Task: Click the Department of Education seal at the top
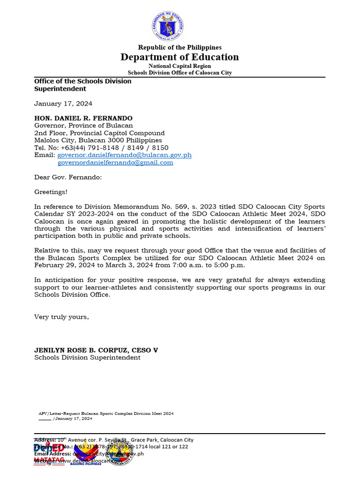tap(167, 25)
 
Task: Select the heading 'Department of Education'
tap(180, 57)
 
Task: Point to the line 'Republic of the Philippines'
tap(180, 47)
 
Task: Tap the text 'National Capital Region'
tap(180, 66)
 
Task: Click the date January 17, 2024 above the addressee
tap(63, 104)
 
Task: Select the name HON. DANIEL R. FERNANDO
tap(83, 118)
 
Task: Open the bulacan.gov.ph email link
tap(124, 155)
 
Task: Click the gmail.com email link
tap(115, 163)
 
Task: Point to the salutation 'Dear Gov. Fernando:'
tap(68, 177)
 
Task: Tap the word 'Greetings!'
tap(51, 192)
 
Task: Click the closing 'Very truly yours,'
tap(61, 317)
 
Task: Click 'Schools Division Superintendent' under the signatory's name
tap(87, 358)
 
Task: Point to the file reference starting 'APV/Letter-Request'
tap(106, 414)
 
